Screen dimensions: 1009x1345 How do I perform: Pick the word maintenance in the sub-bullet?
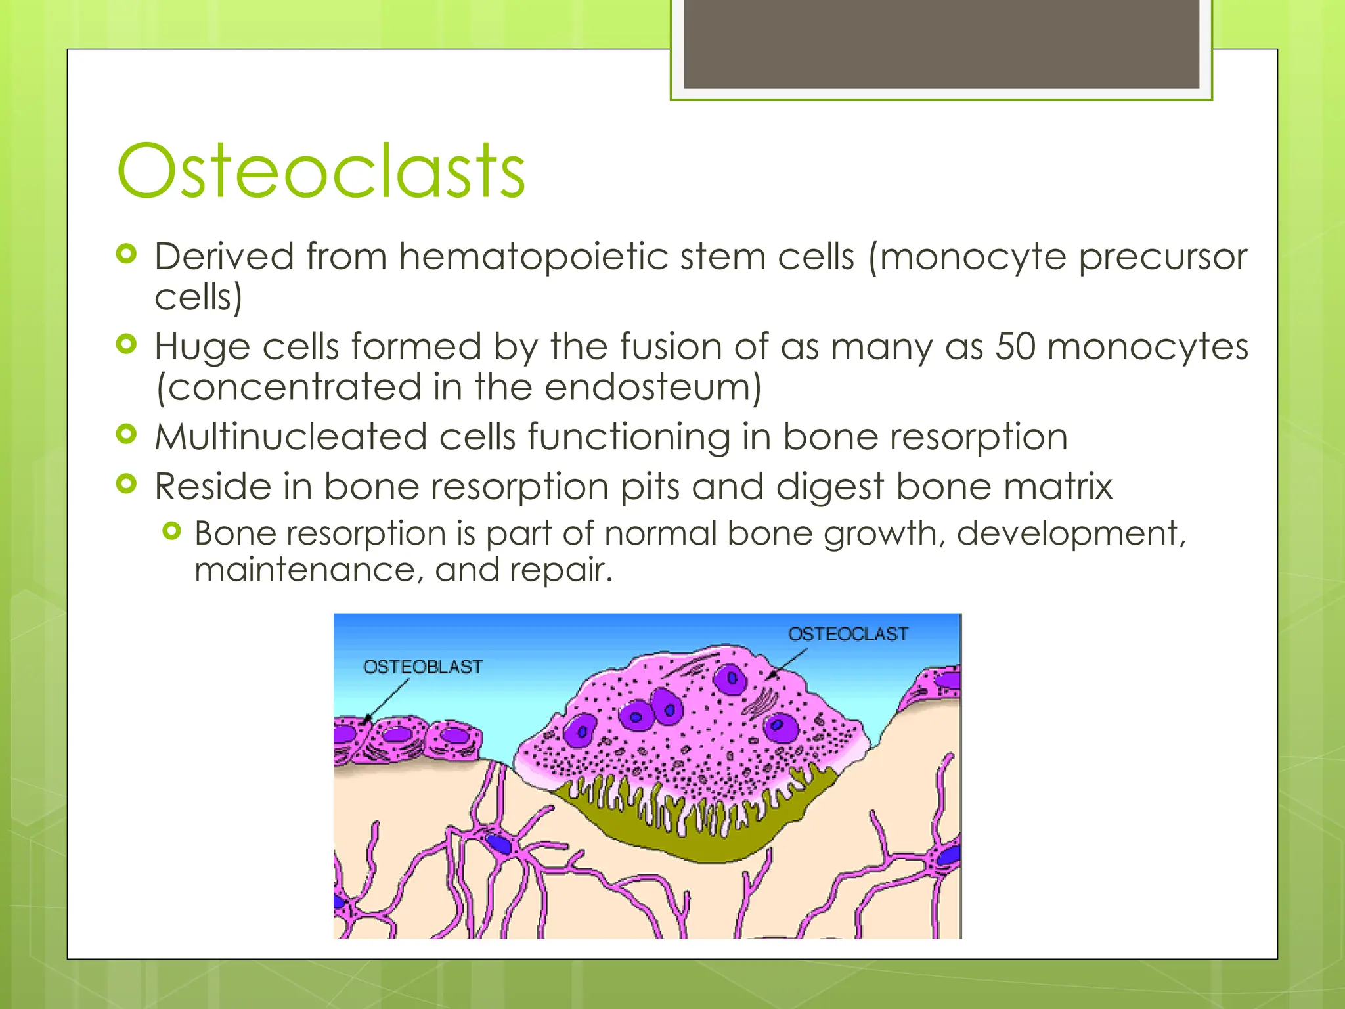[x=309, y=569]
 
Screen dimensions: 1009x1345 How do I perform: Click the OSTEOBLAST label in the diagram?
[x=422, y=667]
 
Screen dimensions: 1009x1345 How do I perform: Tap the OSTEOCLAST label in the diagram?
[x=848, y=634]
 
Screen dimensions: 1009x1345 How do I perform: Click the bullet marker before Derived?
[x=126, y=254]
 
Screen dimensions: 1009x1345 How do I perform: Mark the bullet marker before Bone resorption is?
[x=171, y=531]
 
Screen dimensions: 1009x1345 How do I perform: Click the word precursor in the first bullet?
[x=1162, y=256]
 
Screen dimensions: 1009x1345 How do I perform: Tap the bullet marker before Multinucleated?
[x=126, y=434]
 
